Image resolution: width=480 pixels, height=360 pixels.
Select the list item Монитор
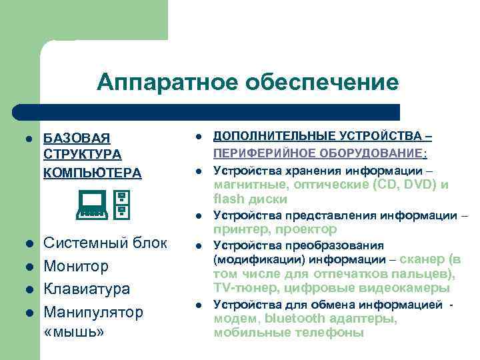(75, 266)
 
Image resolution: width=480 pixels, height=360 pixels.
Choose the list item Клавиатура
(87, 289)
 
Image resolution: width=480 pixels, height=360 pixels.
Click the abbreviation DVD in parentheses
(417, 185)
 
